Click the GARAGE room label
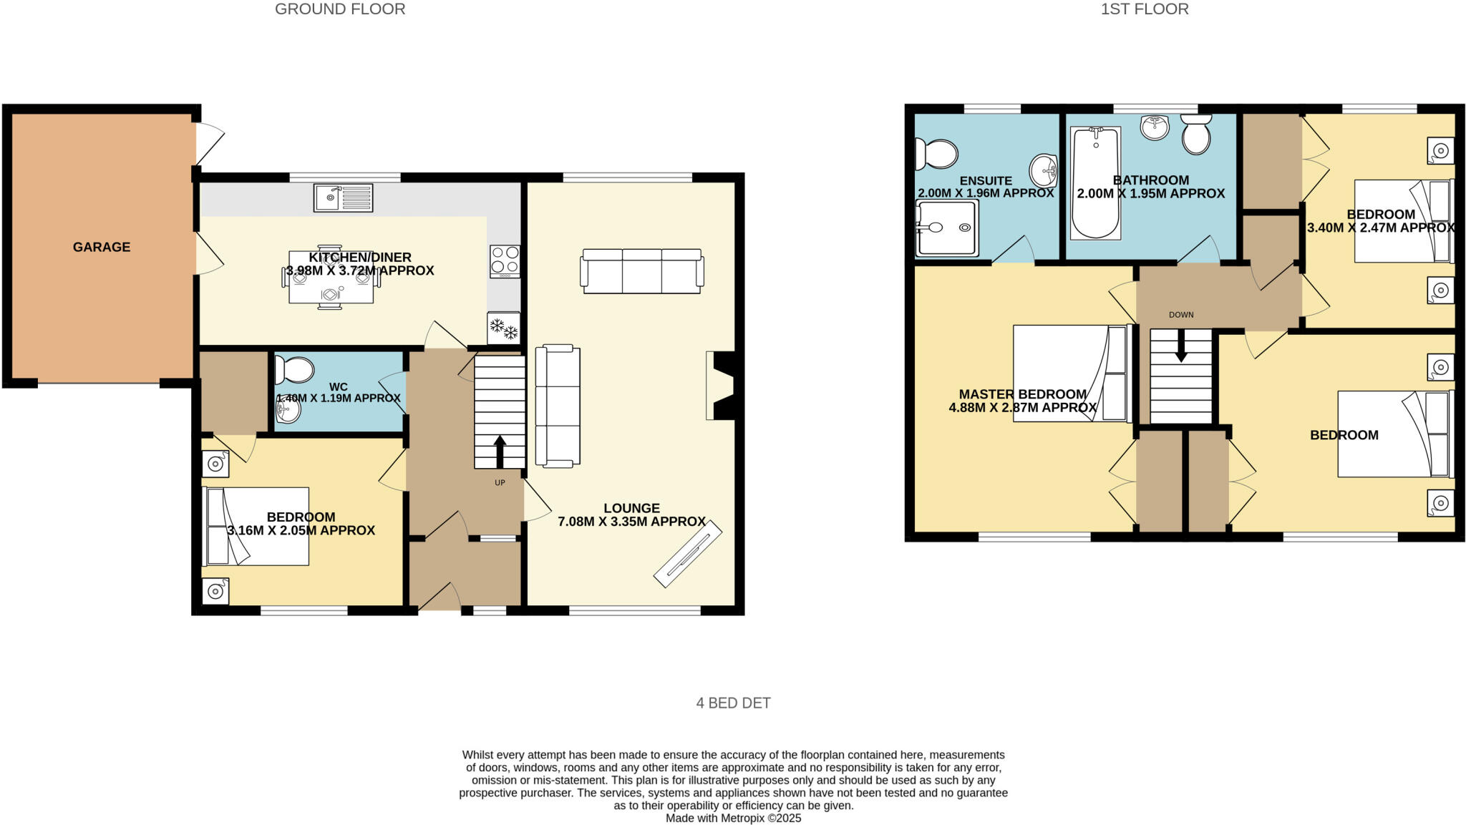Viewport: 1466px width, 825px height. click(102, 247)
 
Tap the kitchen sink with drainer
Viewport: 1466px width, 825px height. click(343, 197)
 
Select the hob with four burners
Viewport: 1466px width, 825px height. click(505, 261)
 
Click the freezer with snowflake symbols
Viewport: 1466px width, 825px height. click(503, 328)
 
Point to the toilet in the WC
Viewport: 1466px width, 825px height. click(295, 371)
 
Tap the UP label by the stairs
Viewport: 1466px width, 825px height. click(500, 483)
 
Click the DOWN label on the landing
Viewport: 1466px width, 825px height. click(1181, 315)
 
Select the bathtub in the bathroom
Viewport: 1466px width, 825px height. click(1095, 184)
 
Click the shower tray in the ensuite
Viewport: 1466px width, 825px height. click(947, 228)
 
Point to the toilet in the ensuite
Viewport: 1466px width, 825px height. click(936, 153)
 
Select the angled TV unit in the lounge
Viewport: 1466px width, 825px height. click(688, 555)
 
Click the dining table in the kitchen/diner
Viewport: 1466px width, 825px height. click(331, 278)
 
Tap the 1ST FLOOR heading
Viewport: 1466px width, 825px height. click(1145, 9)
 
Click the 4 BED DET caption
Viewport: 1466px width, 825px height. click(733, 703)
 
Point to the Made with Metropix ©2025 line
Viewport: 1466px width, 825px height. click(733, 818)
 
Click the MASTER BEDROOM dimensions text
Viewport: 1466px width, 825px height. click(1022, 408)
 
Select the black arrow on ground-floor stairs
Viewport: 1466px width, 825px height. click(500, 451)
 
